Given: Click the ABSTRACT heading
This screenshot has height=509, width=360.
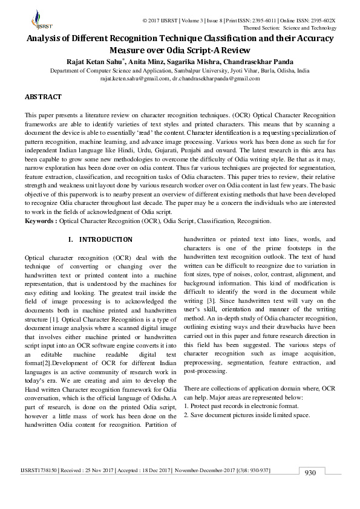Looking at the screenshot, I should coord(43,97).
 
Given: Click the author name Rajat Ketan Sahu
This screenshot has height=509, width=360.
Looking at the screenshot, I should coord(96,61).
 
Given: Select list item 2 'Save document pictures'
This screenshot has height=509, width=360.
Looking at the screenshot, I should coord(247,415).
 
